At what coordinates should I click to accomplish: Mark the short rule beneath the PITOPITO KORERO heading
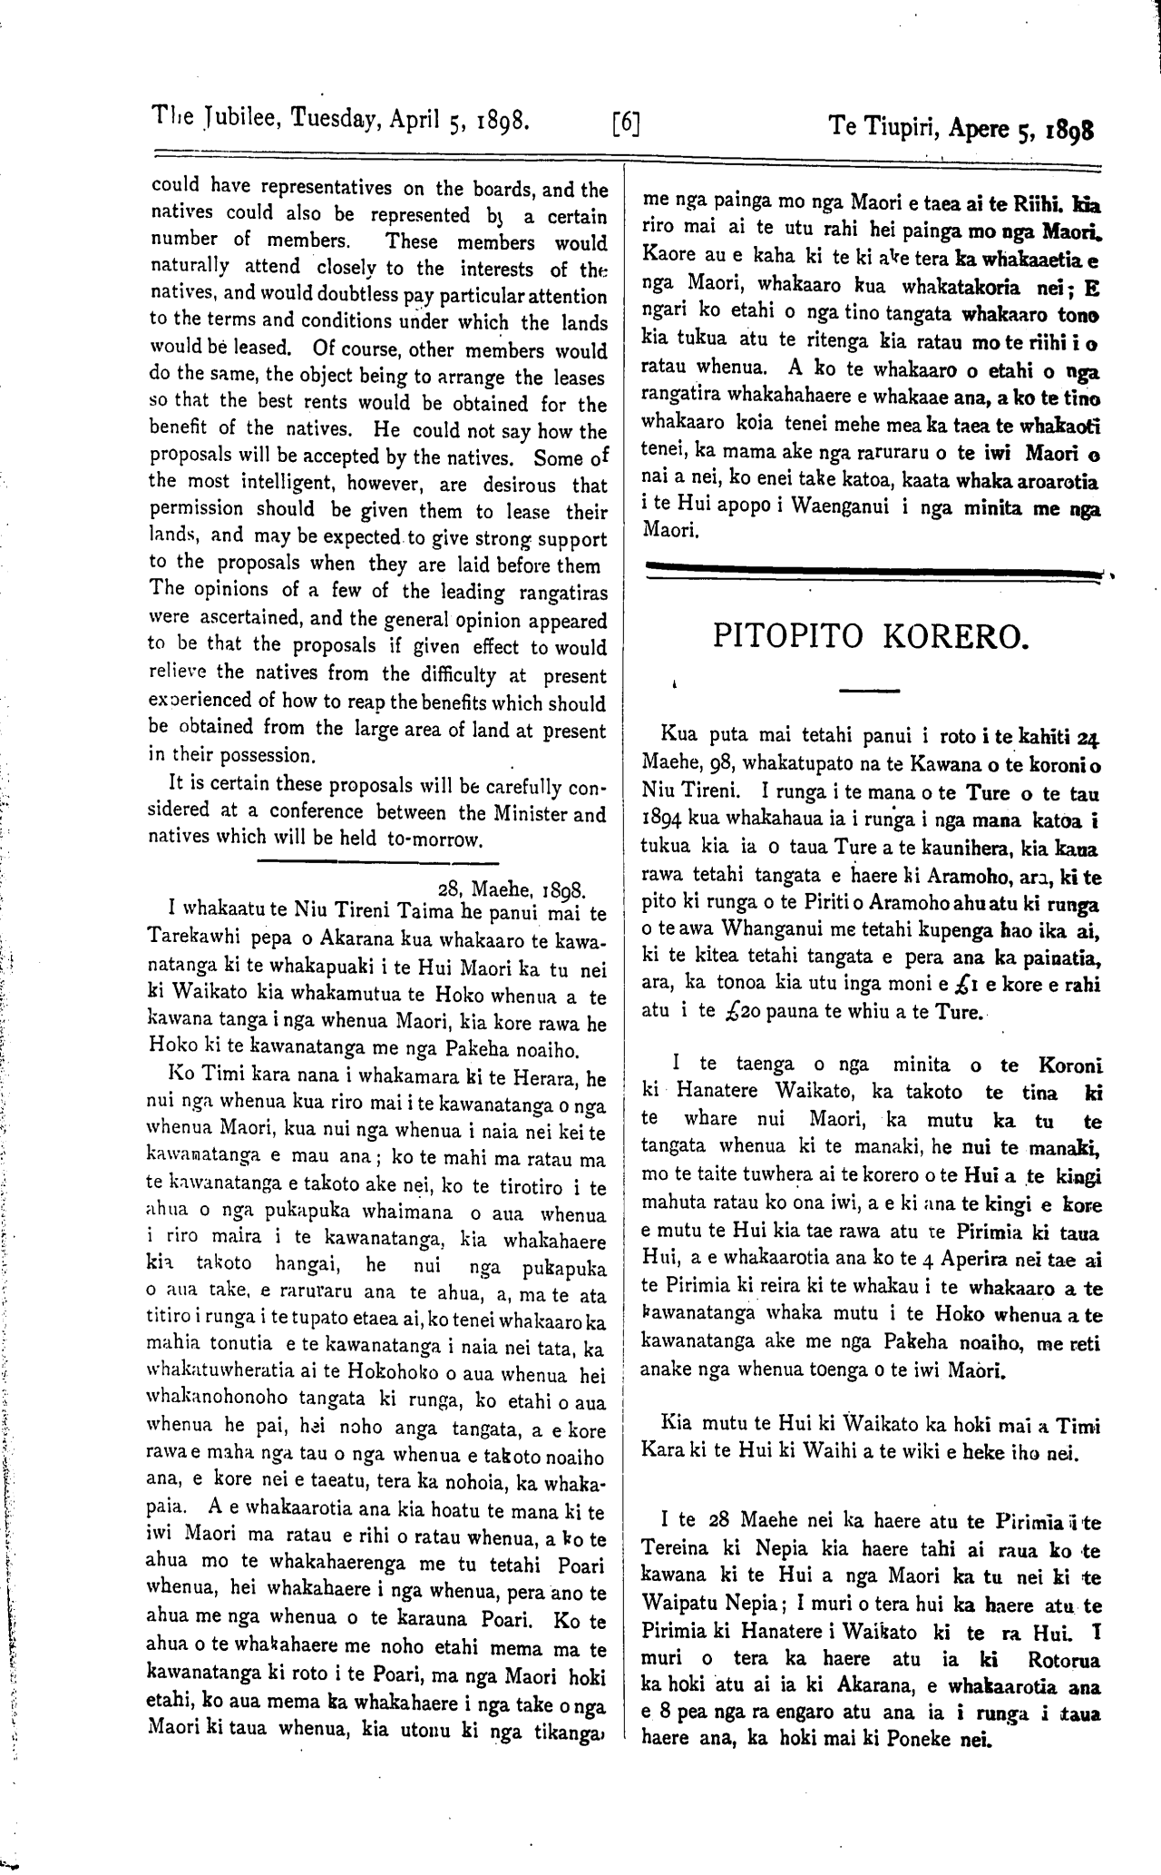(x=868, y=691)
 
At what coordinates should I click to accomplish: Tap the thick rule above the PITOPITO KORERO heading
(x=871, y=569)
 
